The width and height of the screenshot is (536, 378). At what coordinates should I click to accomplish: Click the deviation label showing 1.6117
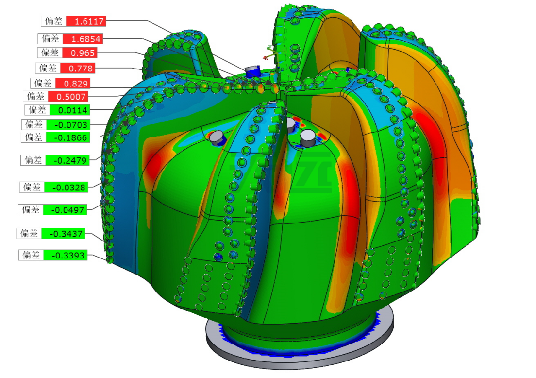tap(86, 21)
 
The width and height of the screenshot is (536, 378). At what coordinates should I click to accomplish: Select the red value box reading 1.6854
tap(83, 39)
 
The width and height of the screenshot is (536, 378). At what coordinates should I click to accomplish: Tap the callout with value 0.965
tap(79, 52)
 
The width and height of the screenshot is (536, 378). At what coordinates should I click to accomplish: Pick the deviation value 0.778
tap(78, 68)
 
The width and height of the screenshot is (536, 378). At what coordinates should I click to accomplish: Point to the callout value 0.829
tap(73, 83)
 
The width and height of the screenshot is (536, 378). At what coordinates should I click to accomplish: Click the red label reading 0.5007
tap(68, 97)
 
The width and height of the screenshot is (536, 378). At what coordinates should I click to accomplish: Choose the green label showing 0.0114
tap(70, 110)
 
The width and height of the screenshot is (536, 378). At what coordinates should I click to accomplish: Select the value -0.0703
tap(68, 124)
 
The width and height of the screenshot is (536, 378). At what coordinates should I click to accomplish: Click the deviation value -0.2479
tap(67, 160)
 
